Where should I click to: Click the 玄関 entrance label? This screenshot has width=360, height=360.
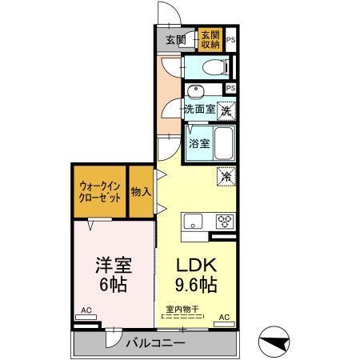175,40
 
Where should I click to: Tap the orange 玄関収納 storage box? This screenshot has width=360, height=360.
210,40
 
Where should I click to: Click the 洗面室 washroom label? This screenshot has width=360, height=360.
198,109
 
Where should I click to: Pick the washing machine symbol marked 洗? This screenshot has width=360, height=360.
227,110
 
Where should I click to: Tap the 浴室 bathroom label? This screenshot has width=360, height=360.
199,144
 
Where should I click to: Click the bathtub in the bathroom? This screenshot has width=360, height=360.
224,143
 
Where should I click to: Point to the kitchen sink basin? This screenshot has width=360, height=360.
195,222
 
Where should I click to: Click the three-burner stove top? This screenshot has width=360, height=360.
222,222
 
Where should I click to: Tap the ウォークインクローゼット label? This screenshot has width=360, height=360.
100,191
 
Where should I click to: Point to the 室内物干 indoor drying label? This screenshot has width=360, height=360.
182,309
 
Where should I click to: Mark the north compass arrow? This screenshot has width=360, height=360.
279,342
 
